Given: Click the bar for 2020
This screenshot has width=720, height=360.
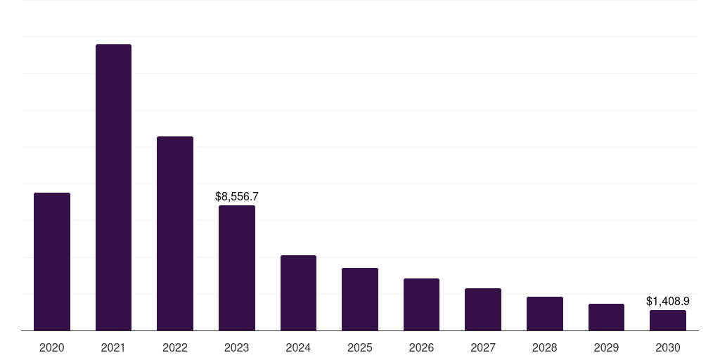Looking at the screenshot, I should click(x=52, y=262).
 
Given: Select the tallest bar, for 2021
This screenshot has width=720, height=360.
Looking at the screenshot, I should click(x=113, y=188).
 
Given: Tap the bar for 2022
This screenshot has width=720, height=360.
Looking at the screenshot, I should click(x=175, y=233).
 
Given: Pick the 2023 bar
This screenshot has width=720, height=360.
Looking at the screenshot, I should click(x=237, y=268).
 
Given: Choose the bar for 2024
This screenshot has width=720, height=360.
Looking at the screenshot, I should click(x=298, y=293).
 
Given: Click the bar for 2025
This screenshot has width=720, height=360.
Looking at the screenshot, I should click(x=360, y=300).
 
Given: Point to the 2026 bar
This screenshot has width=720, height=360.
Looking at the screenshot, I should click(x=421, y=304).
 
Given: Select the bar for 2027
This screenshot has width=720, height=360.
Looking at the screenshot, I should click(x=483, y=309).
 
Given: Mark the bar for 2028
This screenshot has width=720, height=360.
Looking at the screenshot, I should click(x=545, y=314).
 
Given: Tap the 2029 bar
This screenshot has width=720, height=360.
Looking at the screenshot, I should click(x=606, y=317).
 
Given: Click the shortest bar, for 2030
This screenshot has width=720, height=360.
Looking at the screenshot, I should click(x=668, y=321).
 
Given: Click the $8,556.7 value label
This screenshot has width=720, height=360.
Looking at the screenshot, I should click(x=237, y=197).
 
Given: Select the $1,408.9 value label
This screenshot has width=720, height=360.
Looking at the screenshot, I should click(x=668, y=302).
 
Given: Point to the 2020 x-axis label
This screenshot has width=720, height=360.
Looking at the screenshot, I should click(x=52, y=348).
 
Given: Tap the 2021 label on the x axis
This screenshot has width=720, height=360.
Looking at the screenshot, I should click(x=113, y=348).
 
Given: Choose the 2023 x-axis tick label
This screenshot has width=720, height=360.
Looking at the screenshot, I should click(x=237, y=348).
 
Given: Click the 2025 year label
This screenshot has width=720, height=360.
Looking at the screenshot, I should click(x=360, y=348).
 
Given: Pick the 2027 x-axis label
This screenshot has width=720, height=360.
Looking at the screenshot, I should click(x=483, y=348).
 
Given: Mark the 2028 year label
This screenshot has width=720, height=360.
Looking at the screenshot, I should click(x=545, y=348).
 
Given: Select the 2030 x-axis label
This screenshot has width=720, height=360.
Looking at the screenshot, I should click(x=668, y=348).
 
